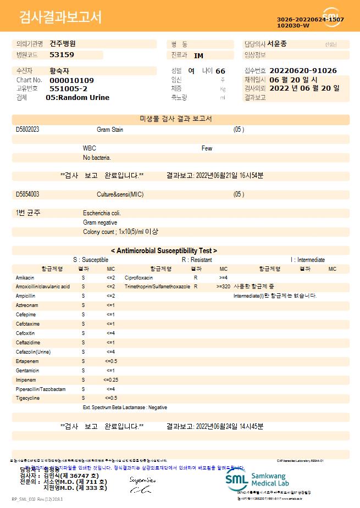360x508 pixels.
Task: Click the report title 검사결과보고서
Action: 60,18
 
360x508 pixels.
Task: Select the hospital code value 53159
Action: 62,55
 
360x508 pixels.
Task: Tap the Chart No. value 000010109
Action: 71,80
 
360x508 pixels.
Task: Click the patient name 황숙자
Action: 60,71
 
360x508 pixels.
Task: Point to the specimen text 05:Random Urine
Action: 77,98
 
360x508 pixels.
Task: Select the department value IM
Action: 198,55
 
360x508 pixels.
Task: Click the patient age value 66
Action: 220,71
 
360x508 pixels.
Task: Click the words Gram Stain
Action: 110,130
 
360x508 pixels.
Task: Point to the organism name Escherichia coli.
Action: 102,213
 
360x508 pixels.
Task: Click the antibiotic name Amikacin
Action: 25,278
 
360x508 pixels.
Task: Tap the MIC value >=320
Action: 223,287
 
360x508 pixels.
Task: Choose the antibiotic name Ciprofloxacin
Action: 139,278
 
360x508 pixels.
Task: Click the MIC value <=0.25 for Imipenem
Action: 110,379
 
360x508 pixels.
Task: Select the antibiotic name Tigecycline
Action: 27,398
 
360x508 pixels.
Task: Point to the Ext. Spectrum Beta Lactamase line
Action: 125,407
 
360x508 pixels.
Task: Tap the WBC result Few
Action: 207,148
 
